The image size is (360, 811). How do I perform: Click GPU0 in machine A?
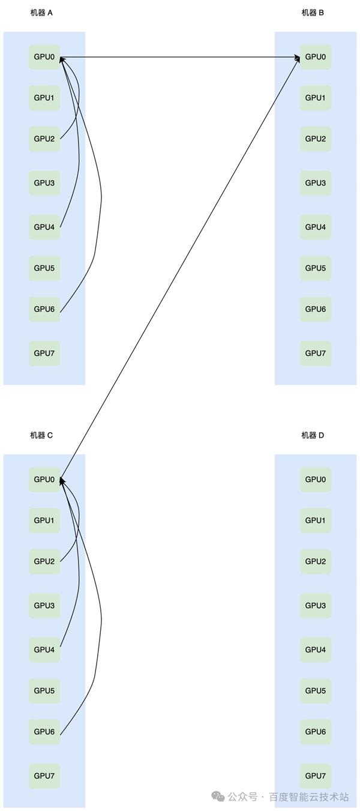44,57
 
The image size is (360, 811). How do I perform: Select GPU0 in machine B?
316,57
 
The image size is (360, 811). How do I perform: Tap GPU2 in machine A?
44,139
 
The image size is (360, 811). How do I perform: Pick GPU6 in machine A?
44,309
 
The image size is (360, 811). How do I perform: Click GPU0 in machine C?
44,479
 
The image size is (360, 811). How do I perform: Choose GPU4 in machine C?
44,650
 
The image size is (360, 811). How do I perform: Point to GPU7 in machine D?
316,776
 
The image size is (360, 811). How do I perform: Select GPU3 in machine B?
316,183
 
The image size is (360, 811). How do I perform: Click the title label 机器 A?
41,13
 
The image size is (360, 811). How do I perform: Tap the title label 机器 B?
313,13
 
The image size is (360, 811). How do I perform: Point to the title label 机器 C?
41,435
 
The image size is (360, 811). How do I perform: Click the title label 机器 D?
313,435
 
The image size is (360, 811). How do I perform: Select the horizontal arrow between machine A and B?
180,58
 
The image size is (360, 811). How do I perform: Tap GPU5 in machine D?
316,690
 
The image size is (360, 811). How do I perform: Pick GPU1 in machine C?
44,520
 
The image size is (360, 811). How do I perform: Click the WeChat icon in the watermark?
218,797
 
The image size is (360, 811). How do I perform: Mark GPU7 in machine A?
44,353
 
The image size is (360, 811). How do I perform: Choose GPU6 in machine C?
44,731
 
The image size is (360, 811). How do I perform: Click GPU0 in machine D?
316,479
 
